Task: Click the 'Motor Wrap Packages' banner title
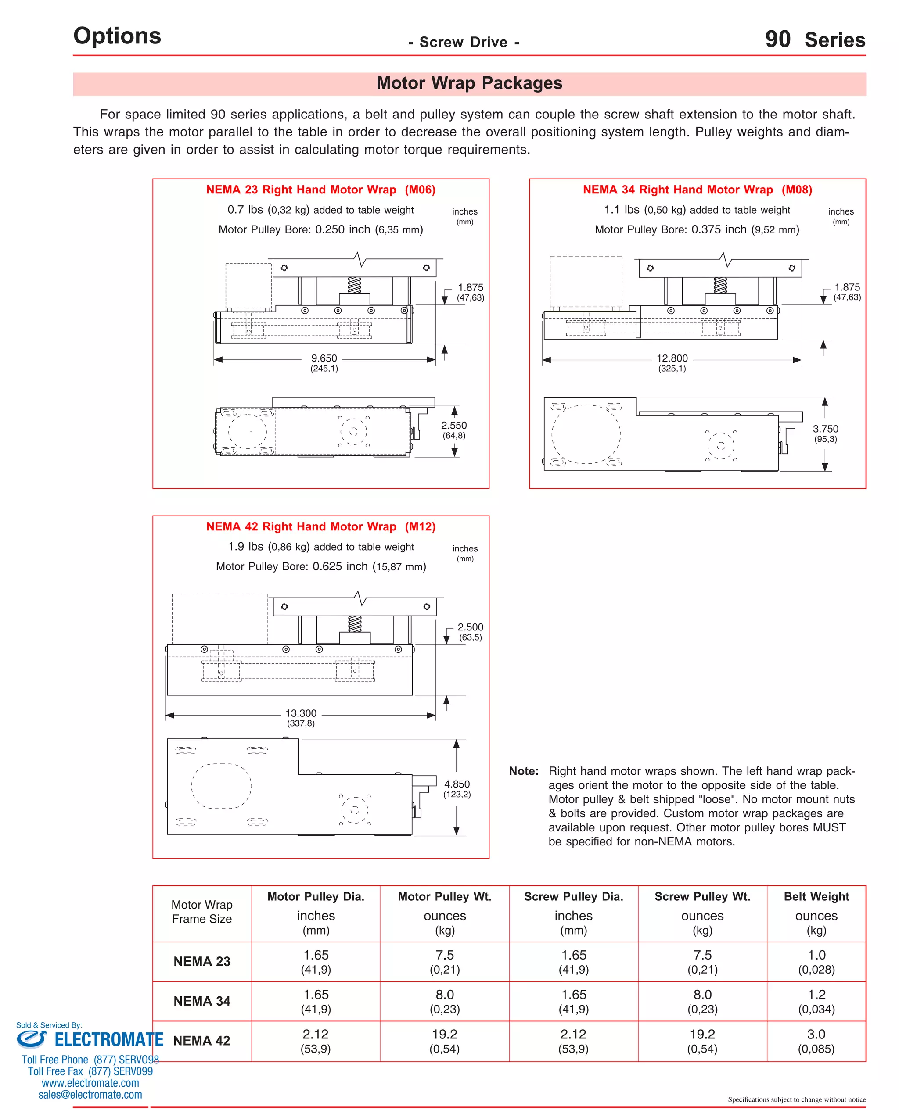[469, 83]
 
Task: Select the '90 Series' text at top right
[815, 40]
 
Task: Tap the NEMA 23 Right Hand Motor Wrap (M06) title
[320, 190]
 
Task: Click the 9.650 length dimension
[324, 358]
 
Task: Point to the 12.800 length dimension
[672, 358]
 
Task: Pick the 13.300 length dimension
[301, 713]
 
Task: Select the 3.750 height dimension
[825, 429]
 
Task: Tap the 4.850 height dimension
[457, 784]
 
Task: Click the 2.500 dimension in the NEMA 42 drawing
[470, 627]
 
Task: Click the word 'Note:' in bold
[524, 771]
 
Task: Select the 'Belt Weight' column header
[816, 897]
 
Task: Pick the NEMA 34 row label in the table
[201, 1001]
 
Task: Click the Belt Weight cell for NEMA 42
[816, 1041]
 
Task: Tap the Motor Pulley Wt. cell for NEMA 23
[444, 961]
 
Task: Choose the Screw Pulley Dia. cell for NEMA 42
[573, 1041]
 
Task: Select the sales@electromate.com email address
[90, 1095]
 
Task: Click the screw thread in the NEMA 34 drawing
[720, 285]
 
